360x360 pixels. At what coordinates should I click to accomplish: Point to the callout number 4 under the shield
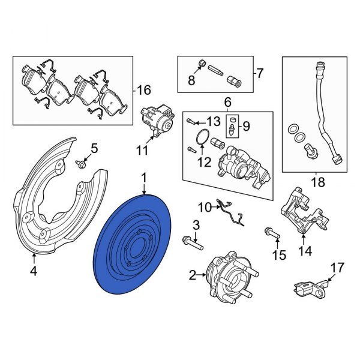tap(34, 272)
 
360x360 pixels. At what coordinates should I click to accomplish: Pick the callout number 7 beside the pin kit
tap(260, 74)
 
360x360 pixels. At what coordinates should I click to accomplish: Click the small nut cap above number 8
tap(202, 63)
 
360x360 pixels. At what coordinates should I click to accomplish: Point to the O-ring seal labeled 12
tap(202, 140)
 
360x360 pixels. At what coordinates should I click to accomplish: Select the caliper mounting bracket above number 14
tap(300, 210)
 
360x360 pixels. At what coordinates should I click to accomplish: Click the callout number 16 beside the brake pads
tap(143, 91)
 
